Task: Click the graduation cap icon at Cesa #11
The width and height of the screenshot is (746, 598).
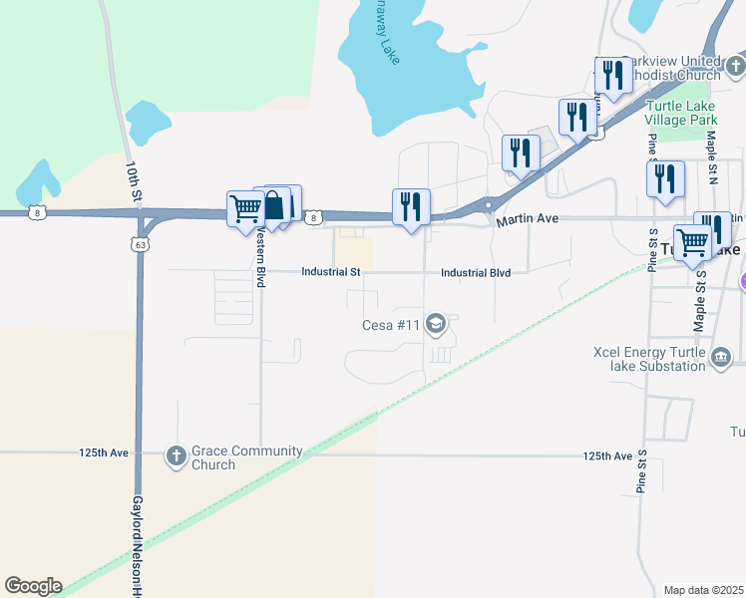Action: [435, 323]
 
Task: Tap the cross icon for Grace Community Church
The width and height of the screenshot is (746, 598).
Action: [176, 456]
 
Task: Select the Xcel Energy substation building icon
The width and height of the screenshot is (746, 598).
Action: [721, 356]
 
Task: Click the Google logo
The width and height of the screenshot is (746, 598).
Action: [33, 586]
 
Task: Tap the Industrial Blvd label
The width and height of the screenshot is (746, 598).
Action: [476, 272]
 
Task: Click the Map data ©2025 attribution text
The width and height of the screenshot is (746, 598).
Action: [704, 590]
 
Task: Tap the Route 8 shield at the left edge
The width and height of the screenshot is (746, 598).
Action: [37, 212]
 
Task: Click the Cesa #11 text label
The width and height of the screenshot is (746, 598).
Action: [392, 324]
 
